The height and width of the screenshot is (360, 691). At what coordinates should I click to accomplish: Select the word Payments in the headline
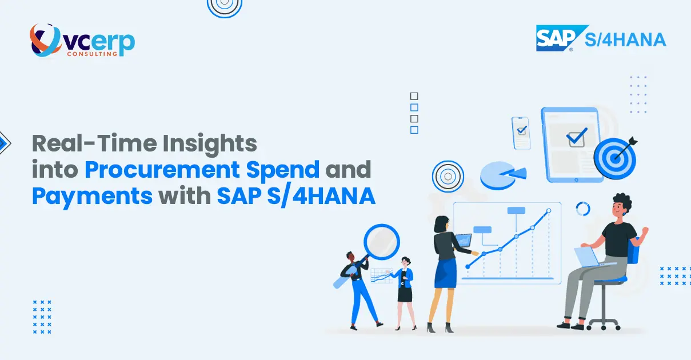click(x=92, y=196)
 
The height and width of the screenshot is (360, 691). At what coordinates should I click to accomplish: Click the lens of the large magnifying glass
click(x=381, y=242)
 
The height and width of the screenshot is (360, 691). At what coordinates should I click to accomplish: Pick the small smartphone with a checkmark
click(x=521, y=132)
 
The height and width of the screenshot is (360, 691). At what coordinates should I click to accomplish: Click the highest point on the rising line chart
click(x=549, y=211)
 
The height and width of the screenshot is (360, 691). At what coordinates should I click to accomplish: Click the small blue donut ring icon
click(x=583, y=209)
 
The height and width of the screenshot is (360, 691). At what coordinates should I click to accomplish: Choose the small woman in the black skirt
click(x=406, y=289)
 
